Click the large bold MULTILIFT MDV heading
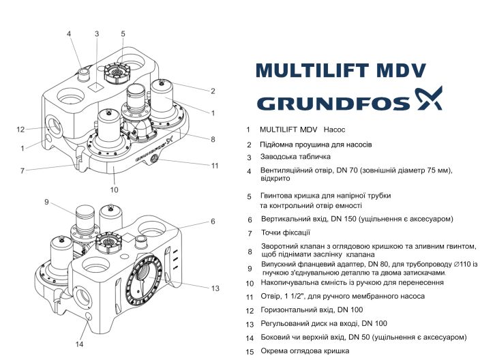(340, 71)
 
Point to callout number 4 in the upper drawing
(69, 33)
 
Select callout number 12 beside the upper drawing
(20, 129)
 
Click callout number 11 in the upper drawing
(214, 165)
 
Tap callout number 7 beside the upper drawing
(22, 170)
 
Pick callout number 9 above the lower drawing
(47, 202)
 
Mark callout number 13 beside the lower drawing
(215, 288)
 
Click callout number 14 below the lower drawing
(79, 343)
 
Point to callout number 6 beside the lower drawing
(213, 222)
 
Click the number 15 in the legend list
(250, 351)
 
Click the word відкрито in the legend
(275, 178)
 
